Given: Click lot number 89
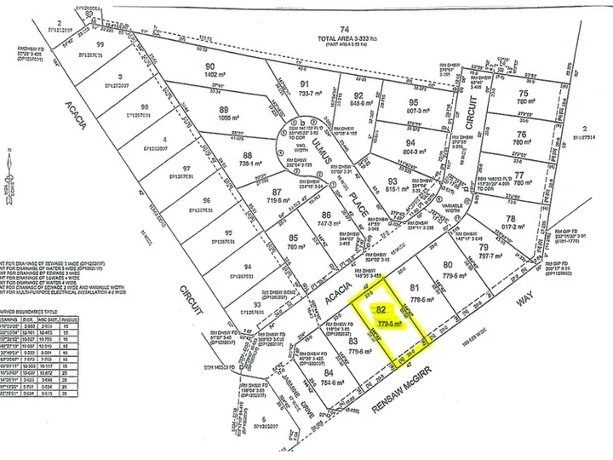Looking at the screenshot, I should (225, 110).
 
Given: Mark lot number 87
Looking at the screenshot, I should (254, 193).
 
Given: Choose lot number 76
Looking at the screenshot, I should (523, 134).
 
